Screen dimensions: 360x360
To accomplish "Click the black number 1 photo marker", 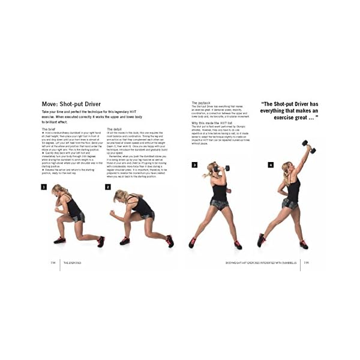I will tap(44, 187).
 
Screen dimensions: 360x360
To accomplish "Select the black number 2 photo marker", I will tap(108, 187).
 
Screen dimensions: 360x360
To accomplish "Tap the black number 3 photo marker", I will tap(194, 164).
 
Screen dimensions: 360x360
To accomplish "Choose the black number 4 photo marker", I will tap(271, 164).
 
